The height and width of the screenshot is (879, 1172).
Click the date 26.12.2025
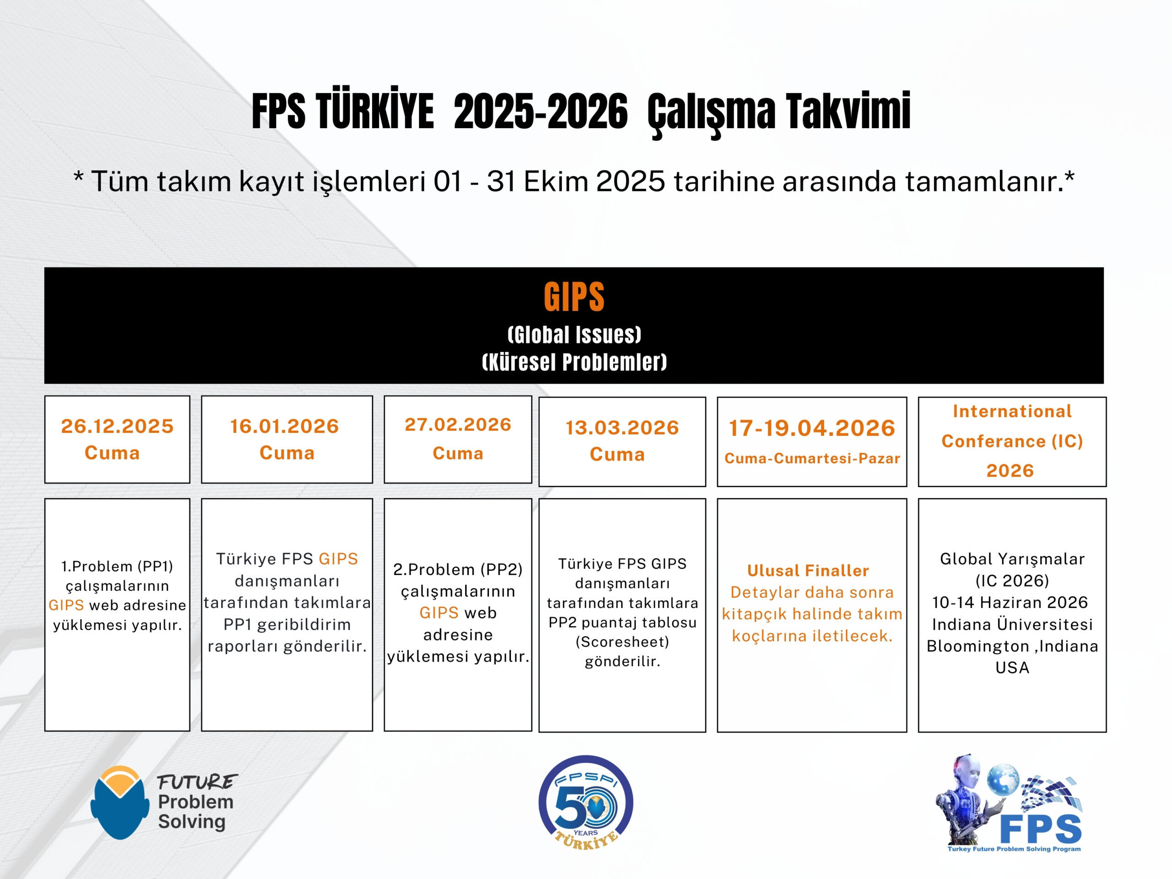117,426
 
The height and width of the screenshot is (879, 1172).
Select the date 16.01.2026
284,426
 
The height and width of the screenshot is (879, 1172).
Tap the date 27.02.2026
458,424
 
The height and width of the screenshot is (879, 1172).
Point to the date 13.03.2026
622,428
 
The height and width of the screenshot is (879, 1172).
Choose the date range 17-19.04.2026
812,428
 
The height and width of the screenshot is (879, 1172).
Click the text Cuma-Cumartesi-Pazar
812,458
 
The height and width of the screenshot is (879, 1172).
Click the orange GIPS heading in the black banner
574,297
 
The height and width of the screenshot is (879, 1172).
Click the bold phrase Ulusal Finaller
808,570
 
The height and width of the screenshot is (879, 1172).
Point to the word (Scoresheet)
623,642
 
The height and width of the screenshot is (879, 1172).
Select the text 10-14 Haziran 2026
1010,602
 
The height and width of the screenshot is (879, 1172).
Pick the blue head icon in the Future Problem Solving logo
120,803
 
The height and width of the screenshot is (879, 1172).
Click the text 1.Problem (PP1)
117,566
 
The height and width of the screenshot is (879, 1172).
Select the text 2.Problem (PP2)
458,570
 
